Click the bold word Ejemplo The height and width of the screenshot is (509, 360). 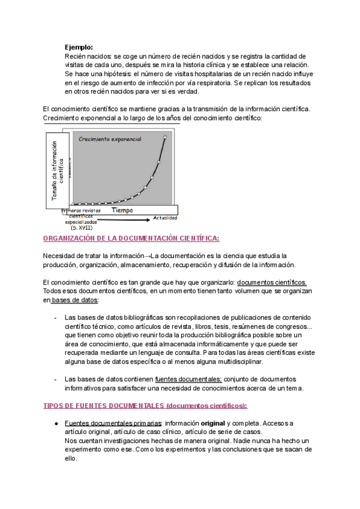pyautogui.click(x=79, y=47)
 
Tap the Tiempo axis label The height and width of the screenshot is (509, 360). pyautogui.click(x=122, y=211)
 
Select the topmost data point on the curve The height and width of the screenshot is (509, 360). pyautogui.click(x=165, y=137)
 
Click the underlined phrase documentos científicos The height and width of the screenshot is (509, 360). pyautogui.click(x=272, y=282)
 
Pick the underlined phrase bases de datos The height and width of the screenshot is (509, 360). pyautogui.click(x=75, y=300)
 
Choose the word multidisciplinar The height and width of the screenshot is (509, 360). pyautogui.click(x=233, y=362)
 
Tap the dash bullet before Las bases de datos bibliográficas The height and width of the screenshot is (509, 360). pyautogui.click(x=55, y=317)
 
